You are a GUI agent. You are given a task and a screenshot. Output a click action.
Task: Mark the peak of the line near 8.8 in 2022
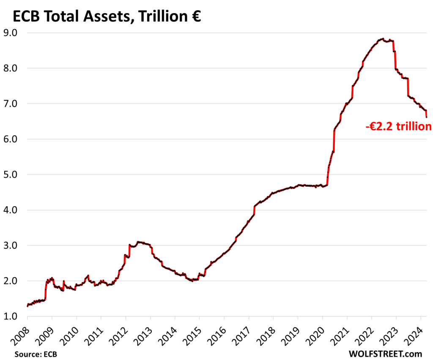[x=382, y=39]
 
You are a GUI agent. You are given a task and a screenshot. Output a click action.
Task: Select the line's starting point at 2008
[x=27, y=306]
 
